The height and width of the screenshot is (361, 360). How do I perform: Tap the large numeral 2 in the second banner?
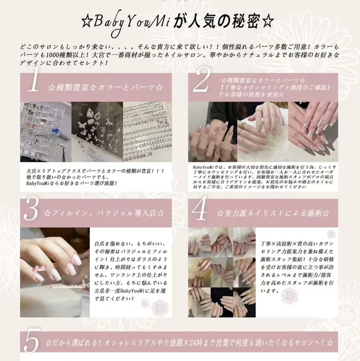point(202,83)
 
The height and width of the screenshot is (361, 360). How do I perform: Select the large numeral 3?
point(32,211)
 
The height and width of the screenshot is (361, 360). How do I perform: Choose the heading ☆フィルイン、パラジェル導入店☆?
point(104,213)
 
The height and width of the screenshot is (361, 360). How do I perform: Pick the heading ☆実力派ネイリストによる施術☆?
point(273,213)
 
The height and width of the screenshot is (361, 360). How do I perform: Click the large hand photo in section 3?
point(55,272)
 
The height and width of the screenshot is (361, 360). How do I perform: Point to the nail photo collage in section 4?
point(222,272)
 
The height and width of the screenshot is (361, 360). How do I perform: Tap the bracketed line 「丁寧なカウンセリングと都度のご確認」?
point(270,88)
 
